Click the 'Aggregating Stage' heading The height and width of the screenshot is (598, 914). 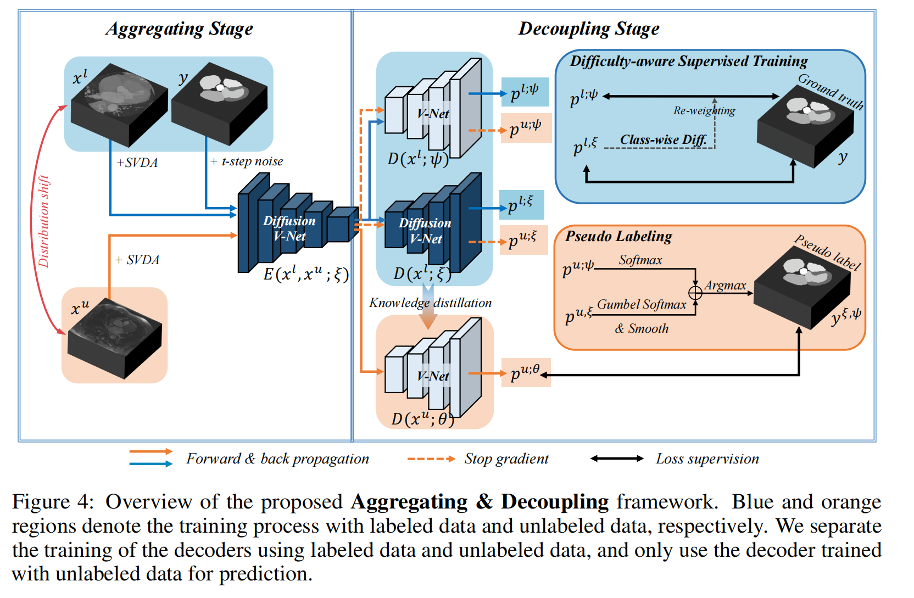click(x=180, y=29)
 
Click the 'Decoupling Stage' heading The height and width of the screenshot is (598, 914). click(x=589, y=29)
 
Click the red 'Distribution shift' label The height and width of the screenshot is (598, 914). click(x=44, y=221)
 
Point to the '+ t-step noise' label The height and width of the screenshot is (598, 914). click(x=247, y=161)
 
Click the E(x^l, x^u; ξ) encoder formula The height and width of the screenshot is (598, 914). click(x=306, y=273)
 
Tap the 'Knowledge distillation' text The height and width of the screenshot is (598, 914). click(x=430, y=303)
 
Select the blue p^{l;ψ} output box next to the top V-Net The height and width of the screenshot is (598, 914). click(x=525, y=92)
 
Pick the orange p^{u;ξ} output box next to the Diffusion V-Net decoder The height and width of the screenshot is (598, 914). click(x=523, y=240)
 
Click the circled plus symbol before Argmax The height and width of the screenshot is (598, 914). click(x=695, y=293)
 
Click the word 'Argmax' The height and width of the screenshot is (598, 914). click(x=725, y=286)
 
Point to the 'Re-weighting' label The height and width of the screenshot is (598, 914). click(x=704, y=111)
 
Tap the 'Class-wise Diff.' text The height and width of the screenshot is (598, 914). click(x=663, y=140)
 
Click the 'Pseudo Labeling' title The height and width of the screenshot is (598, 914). click(x=618, y=237)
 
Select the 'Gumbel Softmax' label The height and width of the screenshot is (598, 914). click(x=642, y=305)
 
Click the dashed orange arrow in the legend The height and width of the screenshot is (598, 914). click(x=431, y=459)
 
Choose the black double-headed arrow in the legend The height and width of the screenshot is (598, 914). click(x=616, y=459)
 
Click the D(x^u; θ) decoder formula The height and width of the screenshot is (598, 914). click(x=422, y=420)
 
